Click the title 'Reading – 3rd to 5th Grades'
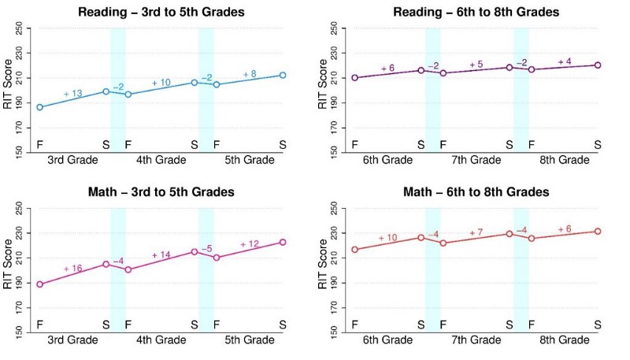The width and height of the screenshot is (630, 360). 161,12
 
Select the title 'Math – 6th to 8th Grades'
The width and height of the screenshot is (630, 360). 476,191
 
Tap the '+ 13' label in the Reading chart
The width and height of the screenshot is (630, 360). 72,95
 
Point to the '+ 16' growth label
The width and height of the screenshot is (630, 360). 72,269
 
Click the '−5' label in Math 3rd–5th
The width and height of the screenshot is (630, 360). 206,249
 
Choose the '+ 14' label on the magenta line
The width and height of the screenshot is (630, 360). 161,254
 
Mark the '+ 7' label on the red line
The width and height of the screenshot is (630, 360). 476,233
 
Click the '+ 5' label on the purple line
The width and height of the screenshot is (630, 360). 476,65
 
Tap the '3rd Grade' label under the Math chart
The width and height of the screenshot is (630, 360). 72,340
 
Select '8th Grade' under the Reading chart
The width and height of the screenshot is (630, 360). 564,160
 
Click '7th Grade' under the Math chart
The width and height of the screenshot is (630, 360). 476,340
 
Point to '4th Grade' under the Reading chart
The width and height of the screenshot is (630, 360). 161,160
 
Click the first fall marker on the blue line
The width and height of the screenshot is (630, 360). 39,107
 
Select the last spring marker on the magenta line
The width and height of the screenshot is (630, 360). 283,242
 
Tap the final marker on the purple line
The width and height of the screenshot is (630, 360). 598,65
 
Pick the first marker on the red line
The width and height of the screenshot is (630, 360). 354,250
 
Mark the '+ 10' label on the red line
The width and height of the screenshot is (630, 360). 387,238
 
